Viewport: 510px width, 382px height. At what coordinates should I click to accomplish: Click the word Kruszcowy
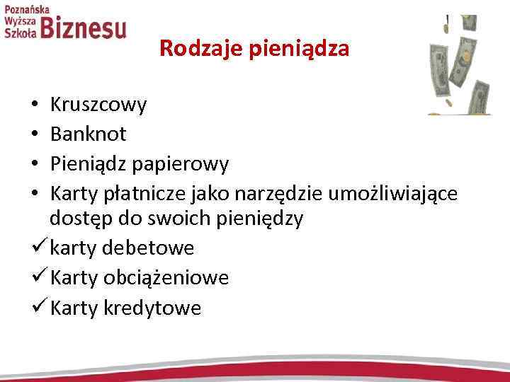coord(99,105)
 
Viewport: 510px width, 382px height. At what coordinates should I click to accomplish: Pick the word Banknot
coord(89,134)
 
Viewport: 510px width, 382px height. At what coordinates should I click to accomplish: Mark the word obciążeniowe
coord(166,278)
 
